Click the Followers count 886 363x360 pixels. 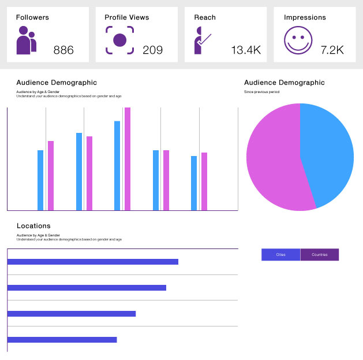[63, 50]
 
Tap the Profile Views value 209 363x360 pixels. [152, 50]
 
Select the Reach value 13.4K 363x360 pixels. [245, 50]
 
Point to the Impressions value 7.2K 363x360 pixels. [332, 50]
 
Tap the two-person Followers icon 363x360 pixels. [26, 42]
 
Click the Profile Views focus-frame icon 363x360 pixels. [119, 40]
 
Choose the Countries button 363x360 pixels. [320, 255]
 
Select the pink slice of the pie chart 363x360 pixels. [274, 162]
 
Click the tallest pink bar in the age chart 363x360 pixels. [128, 159]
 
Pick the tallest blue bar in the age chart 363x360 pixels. [117, 165]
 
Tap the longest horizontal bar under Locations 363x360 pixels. [92, 262]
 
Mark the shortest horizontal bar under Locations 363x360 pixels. [62, 340]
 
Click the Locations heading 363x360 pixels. [33, 226]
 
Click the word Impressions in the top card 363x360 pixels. [305, 17]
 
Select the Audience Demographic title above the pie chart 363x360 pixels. [284, 83]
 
